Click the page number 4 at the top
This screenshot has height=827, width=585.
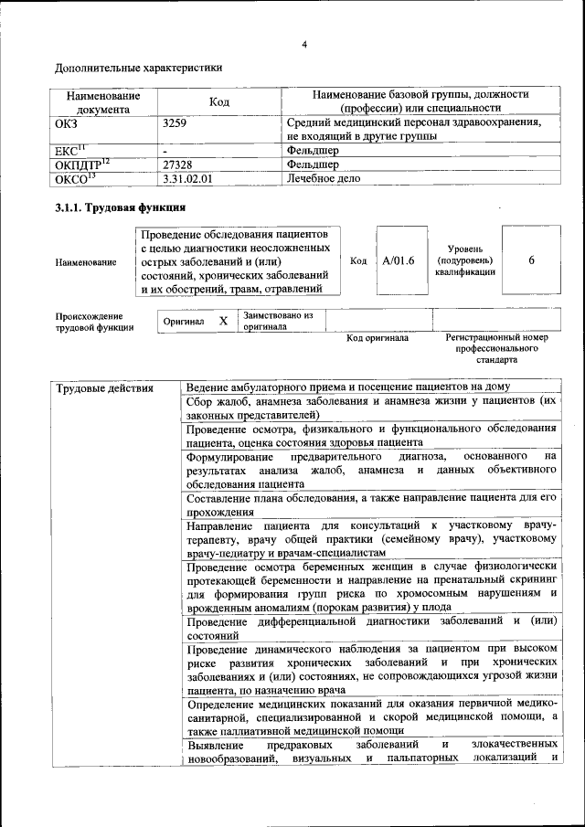click(x=304, y=45)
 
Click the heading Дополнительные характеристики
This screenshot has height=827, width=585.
click(x=138, y=68)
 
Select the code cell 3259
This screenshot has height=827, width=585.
click(x=175, y=122)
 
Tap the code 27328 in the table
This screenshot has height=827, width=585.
click(x=177, y=164)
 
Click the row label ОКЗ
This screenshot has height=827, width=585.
click(x=68, y=122)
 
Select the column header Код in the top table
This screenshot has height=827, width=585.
click(x=218, y=101)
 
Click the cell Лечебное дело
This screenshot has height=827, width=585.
click(x=324, y=179)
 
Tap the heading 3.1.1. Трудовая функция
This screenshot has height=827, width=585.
click(x=121, y=209)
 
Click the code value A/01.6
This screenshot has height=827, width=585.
click(x=399, y=260)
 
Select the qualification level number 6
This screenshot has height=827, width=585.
click(x=531, y=260)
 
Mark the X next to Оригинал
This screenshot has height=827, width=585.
click(x=223, y=322)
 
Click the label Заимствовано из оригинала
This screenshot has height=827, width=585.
click(x=277, y=321)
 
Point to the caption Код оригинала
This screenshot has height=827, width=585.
click(x=378, y=338)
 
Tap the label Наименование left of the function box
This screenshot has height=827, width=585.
click(x=86, y=262)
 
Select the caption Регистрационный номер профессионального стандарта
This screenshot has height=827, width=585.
click(x=496, y=348)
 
